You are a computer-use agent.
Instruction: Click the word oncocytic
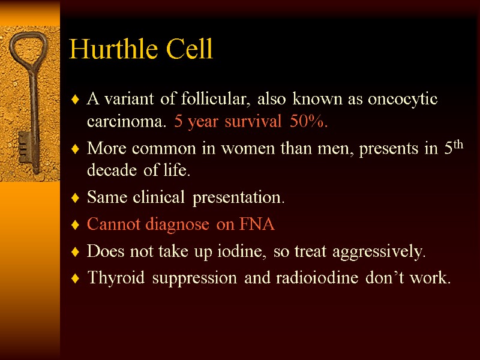coord(403,99)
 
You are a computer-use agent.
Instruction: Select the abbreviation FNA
coord(256,224)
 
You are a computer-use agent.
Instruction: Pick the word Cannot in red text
coord(109,224)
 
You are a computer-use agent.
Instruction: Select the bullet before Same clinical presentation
coord(74,197)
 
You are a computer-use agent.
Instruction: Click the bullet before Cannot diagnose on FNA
coord(74,225)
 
